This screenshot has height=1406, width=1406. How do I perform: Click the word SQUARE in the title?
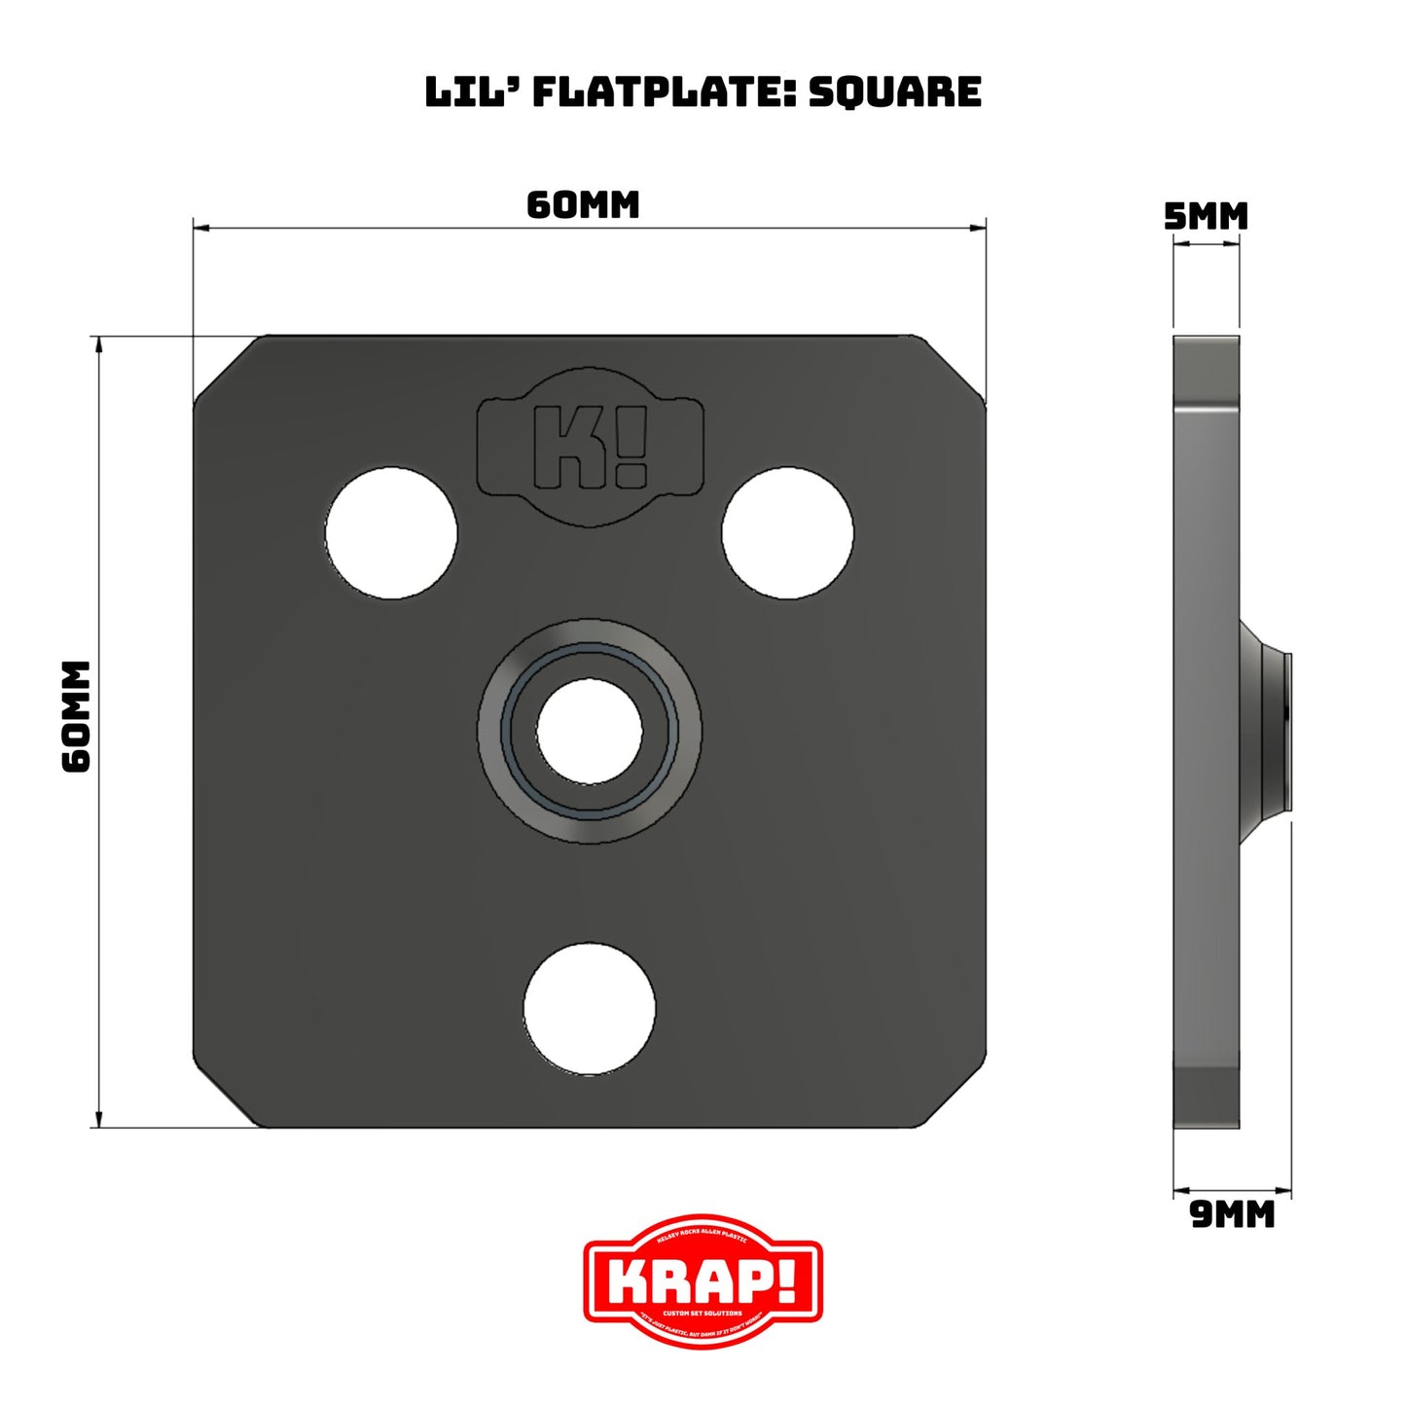(x=894, y=91)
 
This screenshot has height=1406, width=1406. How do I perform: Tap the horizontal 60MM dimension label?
(x=583, y=205)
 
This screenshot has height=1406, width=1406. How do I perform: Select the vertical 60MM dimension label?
(x=76, y=716)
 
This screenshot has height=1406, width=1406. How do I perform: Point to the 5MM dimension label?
(x=1206, y=216)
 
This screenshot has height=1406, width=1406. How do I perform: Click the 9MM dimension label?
(x=1232, y=1214)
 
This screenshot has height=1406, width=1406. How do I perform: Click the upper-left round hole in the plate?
(x=391, y=533)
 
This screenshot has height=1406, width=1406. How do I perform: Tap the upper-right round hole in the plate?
(x=787, y=533)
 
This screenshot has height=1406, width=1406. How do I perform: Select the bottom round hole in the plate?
(x=589, y=1008)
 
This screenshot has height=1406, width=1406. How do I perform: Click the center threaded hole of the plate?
(x=589, y=730)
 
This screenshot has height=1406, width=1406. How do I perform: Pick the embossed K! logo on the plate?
(x=590, y=447)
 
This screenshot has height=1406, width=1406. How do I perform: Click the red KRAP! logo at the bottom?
(x=703, y=1280)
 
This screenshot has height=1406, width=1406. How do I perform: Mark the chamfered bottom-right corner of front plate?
(x=954, y=1096)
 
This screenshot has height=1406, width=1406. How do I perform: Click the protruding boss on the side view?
(x=1266, y=730)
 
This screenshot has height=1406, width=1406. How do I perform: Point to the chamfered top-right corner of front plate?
(x=954, y=368)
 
